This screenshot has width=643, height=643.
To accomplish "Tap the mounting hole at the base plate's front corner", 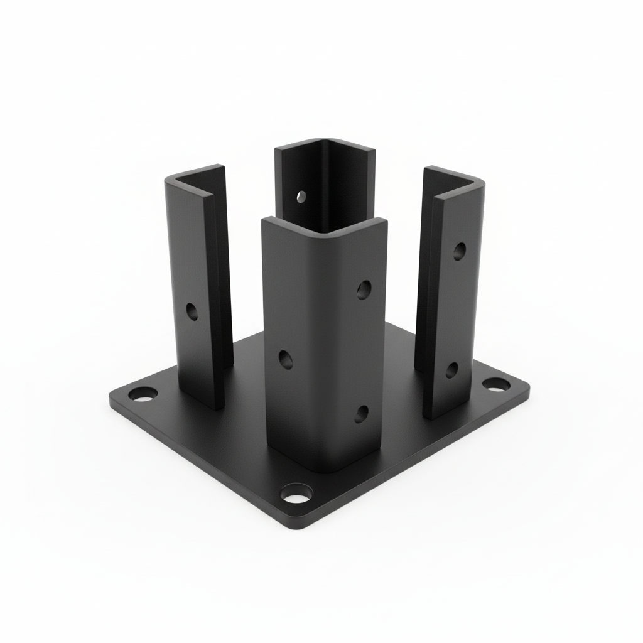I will (296, 495).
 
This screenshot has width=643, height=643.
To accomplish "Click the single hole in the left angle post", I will (192, 310).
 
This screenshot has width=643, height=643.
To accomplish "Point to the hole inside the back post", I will (301, 196).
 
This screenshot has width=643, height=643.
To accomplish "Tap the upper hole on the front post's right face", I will (363, 289).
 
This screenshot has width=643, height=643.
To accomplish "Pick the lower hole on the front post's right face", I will (362, 412).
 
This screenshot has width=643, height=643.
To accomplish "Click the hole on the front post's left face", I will (286, 359).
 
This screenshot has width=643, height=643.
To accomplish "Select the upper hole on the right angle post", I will (460, 251).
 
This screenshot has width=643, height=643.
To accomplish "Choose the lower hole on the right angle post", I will (451, 370).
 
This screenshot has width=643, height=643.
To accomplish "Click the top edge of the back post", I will (325, 144).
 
